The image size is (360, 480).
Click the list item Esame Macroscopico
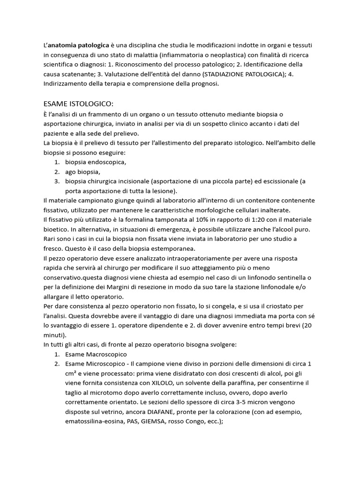pyautogui.click(x=96, y=354)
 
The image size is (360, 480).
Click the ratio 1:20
pyautogui.click(x=262, y=220)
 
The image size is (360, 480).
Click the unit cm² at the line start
pyautogui.click(x=72, y=374)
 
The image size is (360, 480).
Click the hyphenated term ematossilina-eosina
pyautogui.click(x=96, y=422)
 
